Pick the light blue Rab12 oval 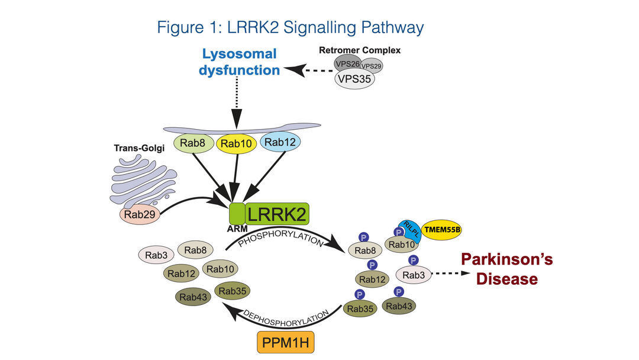(282, 143)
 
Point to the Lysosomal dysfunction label (240, 62)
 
